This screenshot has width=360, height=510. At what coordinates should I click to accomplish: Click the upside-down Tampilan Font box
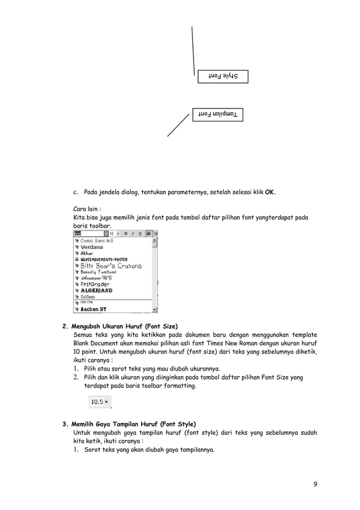pos(217,115)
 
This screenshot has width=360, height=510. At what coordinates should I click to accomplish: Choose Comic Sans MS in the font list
pos(96,241)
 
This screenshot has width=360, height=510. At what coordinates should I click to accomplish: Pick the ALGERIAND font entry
pos(96,290)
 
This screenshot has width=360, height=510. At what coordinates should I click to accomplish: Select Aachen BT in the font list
pos(93,310)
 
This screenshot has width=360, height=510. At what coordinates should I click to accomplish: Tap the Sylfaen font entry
pos(87,297)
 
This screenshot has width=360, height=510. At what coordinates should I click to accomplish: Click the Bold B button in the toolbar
pos(126,233)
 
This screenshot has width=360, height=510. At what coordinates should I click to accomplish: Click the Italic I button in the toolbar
pos(133,233)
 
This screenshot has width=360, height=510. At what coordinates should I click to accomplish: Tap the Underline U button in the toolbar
pos(139,233)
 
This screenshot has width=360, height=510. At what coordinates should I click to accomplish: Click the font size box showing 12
pos(112,233)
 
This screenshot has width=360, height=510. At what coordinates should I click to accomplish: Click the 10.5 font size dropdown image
pos(100,402)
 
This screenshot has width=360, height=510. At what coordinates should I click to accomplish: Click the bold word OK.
pos(270,192)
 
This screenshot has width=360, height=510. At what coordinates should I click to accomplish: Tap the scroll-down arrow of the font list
pos(155,310)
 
